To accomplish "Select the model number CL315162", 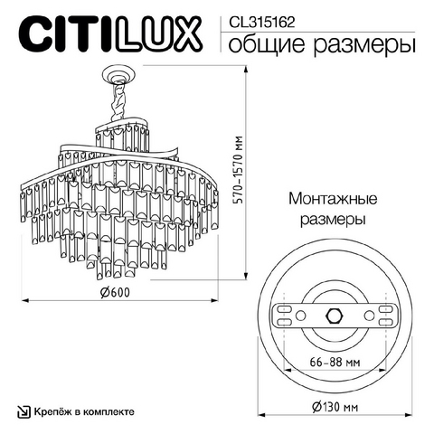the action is pos(261,23).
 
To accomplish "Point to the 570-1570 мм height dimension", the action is pos(239,170).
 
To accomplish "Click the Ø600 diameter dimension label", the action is pos(115,292).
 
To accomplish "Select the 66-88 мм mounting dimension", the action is pos(335,362).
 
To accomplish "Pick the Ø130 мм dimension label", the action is pos(335,407).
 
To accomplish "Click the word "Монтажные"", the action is pos(333,199).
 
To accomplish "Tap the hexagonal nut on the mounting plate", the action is pos(335,316).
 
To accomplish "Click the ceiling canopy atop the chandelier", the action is pos(118,74).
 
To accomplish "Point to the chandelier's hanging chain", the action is pos(118,101).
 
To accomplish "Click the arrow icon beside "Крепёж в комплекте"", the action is pos(24,411).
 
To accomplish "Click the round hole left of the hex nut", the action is pos(300,316).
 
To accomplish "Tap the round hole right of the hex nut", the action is pos(369,316).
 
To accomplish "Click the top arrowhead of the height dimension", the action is pos(246,70).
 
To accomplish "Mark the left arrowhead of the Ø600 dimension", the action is pos(25,300).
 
